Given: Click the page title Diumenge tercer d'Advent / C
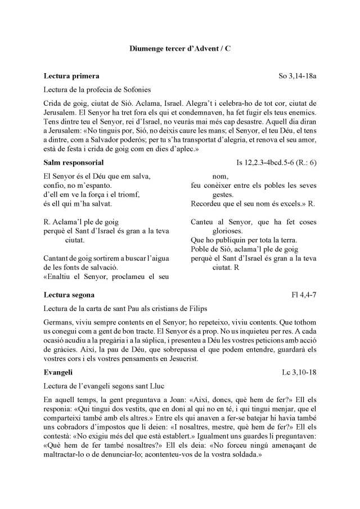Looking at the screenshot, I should click(179, 49).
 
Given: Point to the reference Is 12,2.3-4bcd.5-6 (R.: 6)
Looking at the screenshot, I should click(276, 162).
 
